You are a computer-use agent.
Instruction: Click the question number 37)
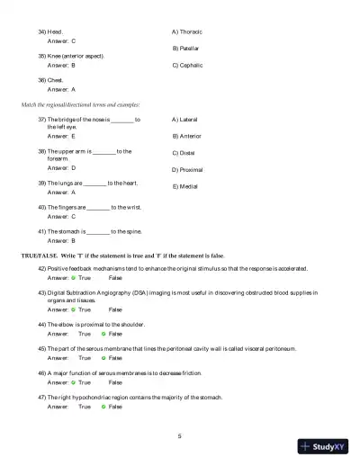point(41,120)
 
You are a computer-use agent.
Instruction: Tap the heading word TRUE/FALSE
point(40,255)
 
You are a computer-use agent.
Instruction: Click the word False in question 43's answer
point(115,309)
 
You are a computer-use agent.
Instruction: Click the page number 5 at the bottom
point(180,436)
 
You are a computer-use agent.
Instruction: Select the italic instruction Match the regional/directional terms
point(80,105)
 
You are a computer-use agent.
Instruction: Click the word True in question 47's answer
point(85,407)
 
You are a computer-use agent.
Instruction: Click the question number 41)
point(41,231)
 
